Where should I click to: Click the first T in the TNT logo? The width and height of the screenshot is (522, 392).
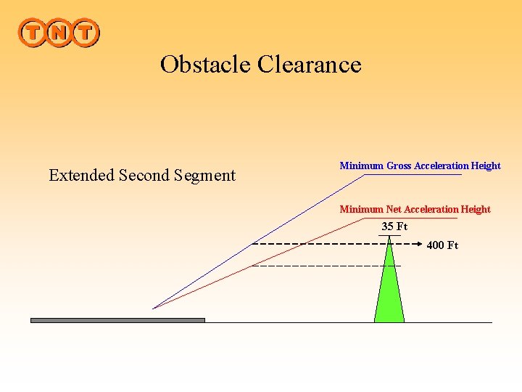click(33, 33)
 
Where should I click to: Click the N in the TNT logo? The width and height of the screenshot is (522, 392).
click(59, 33)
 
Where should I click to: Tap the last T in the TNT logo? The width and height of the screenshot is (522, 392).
click(85, 33)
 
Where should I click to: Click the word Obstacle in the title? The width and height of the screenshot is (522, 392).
click(206, 65)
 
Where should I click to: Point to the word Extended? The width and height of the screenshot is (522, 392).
click(81, 175)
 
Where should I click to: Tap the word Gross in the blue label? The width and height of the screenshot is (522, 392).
click(399, 166)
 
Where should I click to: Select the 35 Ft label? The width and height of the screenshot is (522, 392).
click(394, 226)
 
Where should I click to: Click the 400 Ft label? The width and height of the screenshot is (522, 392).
click(442, 245)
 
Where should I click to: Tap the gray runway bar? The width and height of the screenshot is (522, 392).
click(117, 319)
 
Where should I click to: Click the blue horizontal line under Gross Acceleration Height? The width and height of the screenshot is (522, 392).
click(413, 175)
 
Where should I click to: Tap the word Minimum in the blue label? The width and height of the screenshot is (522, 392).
click(362, 166)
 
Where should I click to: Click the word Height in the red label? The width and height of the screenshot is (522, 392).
click(476, 209)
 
